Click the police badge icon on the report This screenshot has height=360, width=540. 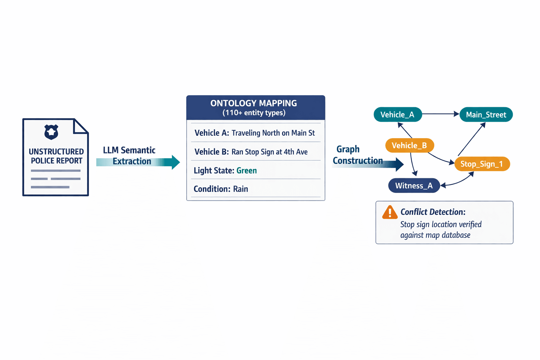coord(51,132)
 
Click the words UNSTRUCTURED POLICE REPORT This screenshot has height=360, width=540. coord(56,156)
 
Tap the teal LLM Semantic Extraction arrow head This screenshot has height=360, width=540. coord(175,162)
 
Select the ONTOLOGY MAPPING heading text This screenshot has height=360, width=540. coord(253,103)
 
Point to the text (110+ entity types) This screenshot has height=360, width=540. coord(254,113)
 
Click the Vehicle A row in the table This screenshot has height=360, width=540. coord(255,133)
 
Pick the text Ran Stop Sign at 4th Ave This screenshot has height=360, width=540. coord(269,152)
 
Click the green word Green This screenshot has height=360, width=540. coord(246,171)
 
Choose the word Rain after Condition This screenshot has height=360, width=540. coord(240,189)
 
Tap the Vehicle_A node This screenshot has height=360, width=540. coord(397,115)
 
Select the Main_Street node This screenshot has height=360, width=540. coord(486,115)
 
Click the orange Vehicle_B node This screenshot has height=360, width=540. coord(409,146)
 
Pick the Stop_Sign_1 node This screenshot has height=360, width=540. coord(482,164)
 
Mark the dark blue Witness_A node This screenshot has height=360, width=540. coord(414,186)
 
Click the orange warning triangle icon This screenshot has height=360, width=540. coord(390,212)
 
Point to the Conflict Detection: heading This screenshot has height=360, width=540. coord(433,212)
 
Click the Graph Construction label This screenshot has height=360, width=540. coord(358,155)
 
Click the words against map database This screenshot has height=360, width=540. coord(435,235)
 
